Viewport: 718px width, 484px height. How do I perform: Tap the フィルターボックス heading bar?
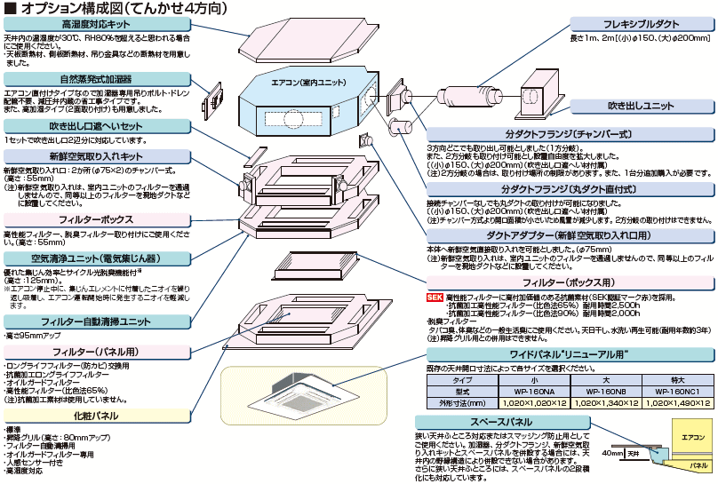pos(96,218)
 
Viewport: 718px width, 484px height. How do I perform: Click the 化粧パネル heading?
pos(96,415)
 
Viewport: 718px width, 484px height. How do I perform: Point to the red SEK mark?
pos(435,297)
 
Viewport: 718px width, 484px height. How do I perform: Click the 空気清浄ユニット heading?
pos(96,258)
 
